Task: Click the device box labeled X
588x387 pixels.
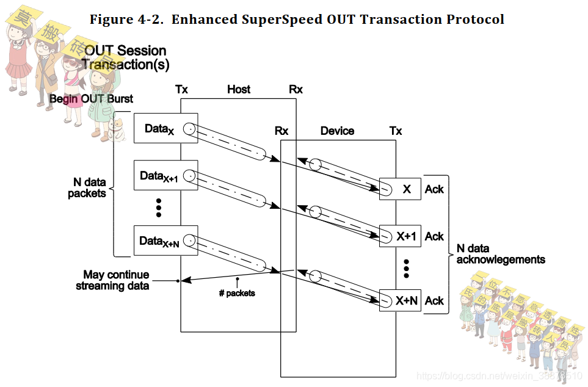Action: [x=400, y=189]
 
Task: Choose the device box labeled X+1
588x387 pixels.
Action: [x=400, y=236]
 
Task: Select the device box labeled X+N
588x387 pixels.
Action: [x=400, y=300]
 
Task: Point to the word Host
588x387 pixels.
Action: [x=239, y=90]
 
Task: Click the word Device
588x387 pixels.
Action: [x=337, y=131]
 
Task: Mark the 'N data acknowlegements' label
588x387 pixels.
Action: [x=501, y=254]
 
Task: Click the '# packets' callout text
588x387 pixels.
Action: [x=237, y=293]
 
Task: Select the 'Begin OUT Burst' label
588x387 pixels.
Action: [x=91, y=98]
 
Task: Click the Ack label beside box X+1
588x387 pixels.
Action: [x=434, y=236]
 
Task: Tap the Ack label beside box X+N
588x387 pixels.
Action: [x=434, y=300]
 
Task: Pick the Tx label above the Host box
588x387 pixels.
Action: [x=181, y=90]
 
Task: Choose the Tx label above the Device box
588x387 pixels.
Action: [x=396, y=131]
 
